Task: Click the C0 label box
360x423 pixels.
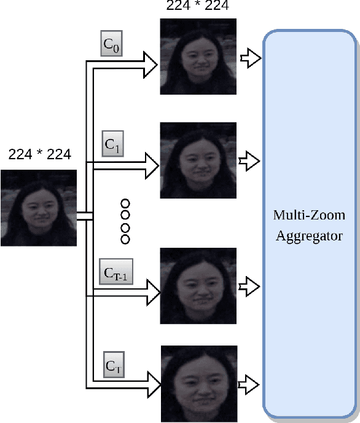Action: tap(111, 44)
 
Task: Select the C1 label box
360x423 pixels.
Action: tap(111, 145)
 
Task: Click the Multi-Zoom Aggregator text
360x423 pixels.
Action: tap(309, 225)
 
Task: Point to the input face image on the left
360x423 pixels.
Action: tap(39, 208)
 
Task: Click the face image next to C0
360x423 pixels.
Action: tap(198, 56)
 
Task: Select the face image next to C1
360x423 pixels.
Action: tap(198, 160)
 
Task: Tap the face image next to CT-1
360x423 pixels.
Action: tap(198, 286)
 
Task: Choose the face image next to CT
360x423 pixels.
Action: tap(199, 384)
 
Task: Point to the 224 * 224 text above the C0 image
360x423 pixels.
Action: tap(198, 6)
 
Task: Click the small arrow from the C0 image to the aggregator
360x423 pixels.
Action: tap(251, 58)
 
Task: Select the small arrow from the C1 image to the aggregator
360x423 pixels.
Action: tap(251, 161)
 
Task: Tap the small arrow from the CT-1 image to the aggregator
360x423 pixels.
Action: tap(251, 286)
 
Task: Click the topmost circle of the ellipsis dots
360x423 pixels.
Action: tap(126, 203)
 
